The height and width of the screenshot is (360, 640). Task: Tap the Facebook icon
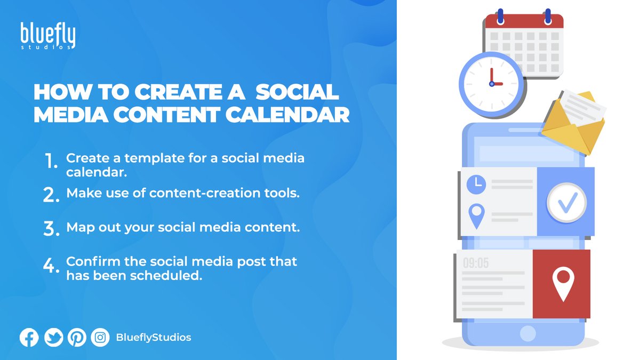pos(29,338)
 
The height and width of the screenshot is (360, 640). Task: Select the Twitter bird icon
pos(54,338)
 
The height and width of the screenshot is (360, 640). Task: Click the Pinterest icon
pos(77,338)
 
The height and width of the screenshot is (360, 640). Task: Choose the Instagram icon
pos(100,338)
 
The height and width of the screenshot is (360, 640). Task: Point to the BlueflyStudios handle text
pos(153,338)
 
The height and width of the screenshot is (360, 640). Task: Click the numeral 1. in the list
pos(51,162)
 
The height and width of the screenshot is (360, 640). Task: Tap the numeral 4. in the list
pos(51,266)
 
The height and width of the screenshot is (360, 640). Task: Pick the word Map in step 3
pos(77,228)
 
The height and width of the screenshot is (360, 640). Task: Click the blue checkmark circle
pos(566,202)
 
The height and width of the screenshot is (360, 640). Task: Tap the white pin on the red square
pos(562,283)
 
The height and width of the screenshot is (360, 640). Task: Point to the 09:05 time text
pos(476,263)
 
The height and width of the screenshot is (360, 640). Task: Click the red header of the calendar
pos(524,22)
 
